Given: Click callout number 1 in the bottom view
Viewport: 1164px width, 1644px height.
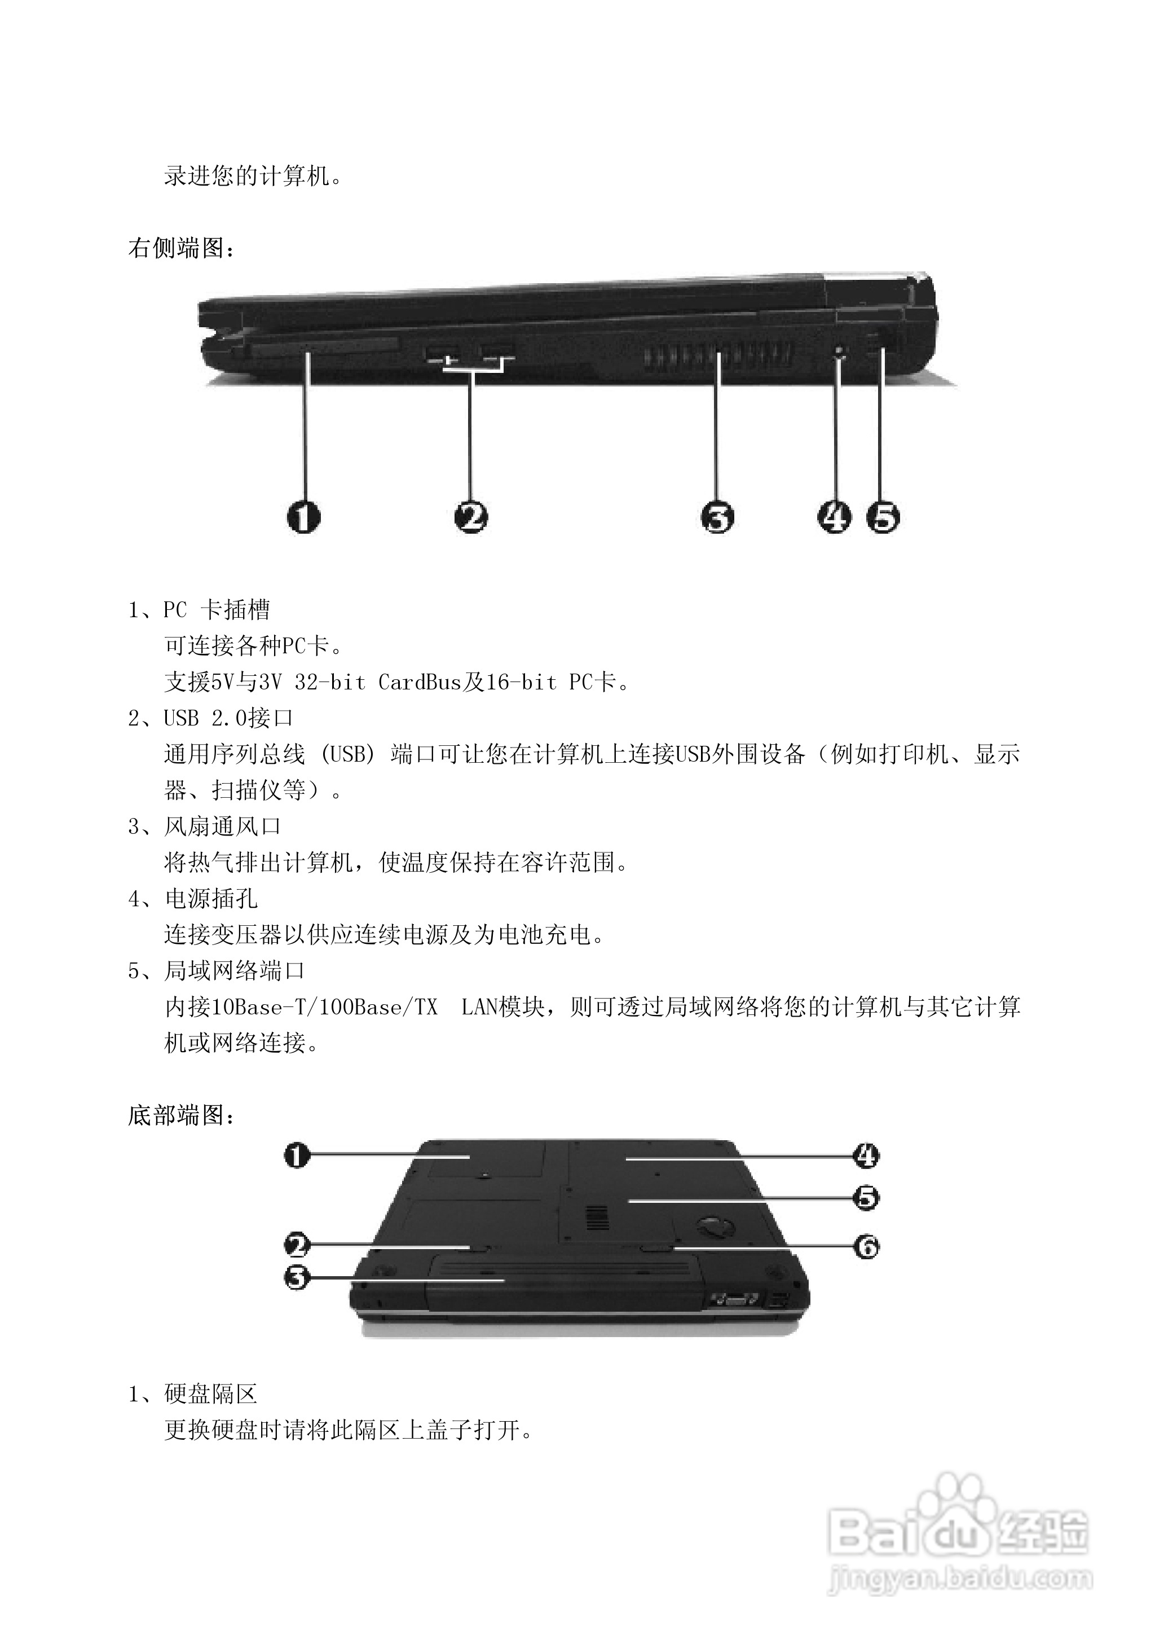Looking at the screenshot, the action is tap(297, 1155).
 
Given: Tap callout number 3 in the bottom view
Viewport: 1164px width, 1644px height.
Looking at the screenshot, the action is tap(297, 1277).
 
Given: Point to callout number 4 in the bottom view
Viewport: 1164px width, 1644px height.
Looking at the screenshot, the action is tap(866, 1155).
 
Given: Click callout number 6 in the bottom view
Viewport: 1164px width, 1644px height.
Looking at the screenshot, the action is tap(866, 1247).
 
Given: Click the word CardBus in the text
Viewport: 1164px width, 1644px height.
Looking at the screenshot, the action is tap(419, 682).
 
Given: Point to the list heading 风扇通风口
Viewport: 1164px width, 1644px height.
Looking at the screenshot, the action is tap(222, 827).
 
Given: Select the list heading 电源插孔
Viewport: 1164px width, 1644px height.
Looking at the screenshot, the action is tap(211, 899).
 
